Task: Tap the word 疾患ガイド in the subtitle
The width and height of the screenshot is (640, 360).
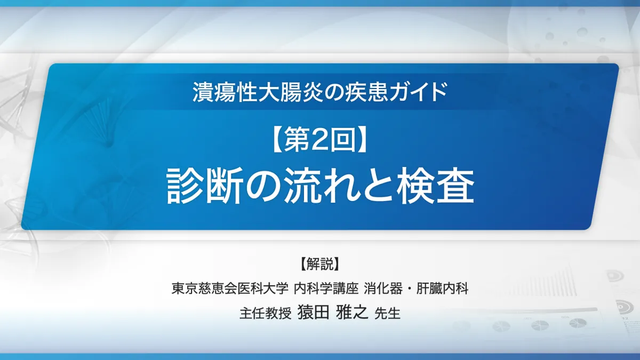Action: [396, 92]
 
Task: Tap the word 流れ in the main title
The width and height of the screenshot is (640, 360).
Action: [321, 186]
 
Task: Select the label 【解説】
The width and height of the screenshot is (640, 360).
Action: [319, 263]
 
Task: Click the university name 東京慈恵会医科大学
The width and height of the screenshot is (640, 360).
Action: [230, 289]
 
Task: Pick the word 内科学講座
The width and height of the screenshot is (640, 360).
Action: [326, 289]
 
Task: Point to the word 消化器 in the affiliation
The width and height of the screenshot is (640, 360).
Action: [383, 289]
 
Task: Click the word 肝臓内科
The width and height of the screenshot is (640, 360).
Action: [442, 289]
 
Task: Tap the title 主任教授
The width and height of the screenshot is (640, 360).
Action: [266, 313]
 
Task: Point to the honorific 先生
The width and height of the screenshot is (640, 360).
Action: [387, 313]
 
